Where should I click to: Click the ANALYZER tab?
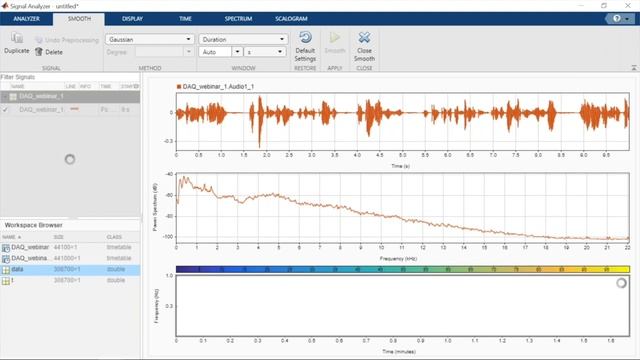[25, 19]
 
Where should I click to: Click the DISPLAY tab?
[131, 19]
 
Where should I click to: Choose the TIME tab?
[184, 19]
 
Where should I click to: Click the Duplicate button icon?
[16, 38]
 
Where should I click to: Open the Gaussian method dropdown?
[148, 39]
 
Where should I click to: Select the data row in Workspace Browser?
[40, 270]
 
